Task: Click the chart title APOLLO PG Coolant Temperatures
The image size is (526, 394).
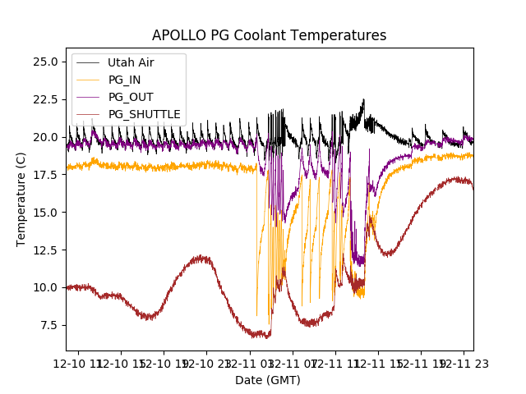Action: (269, 35)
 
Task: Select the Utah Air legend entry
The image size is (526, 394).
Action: (131, 62)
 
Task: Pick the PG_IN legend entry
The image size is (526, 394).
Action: (123, 80)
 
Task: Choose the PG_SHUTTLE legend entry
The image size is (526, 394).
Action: (145, 114)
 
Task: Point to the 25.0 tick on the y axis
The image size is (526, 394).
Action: (44, 62)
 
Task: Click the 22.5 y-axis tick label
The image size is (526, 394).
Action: (44, 99)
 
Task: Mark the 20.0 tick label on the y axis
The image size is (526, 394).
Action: (44, 137)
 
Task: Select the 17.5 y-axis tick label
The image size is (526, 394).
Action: (44, 175)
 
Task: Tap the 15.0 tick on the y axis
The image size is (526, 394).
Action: (44, 213)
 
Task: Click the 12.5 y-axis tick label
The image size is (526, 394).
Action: (44, 250)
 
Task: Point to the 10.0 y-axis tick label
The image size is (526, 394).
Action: (44, 287)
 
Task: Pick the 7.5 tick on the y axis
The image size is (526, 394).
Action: (47, 325)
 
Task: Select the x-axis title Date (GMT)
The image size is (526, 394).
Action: (268, 380)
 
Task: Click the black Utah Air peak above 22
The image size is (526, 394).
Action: (363, 101)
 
